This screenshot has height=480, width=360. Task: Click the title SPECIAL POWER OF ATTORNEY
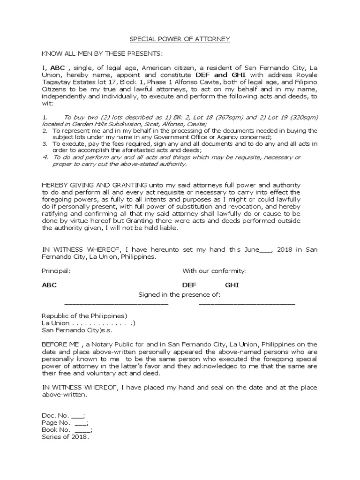click(180, 39)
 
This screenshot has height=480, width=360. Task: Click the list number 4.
click(45, 157)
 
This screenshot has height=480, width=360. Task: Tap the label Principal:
click(56, 271)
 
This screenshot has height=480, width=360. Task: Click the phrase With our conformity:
click(214, 271)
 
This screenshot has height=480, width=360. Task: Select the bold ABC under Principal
click(49, 285)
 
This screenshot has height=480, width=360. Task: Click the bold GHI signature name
click(232, 285)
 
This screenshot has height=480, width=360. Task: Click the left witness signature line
click(116, 304)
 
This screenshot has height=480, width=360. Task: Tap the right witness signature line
click(247, 304)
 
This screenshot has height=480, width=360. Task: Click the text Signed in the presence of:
click(179, 294)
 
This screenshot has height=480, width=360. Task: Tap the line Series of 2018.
click(65, 437)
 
